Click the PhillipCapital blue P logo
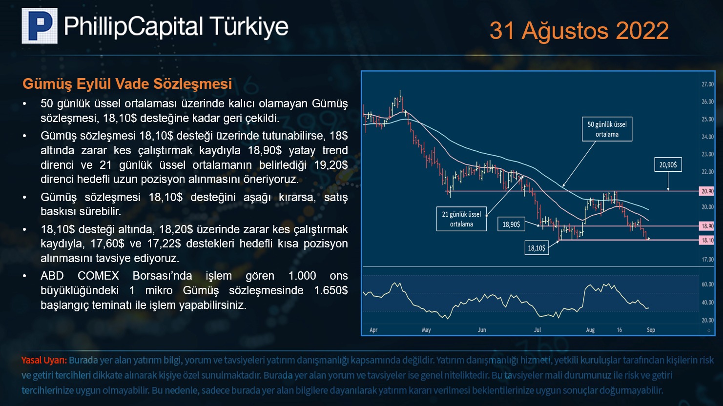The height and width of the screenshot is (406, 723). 40,26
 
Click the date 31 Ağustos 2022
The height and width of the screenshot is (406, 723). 579,31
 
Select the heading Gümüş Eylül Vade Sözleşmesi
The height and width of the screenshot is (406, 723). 127,83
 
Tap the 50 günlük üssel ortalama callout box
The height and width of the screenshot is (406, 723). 607,129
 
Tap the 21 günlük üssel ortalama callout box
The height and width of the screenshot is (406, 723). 461,219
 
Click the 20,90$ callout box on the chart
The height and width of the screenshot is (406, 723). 668,164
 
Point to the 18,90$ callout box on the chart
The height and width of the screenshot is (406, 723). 511,224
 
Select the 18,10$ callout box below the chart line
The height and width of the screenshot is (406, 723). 537,248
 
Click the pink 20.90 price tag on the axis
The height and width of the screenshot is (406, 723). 707,191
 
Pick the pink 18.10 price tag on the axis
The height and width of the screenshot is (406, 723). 707,240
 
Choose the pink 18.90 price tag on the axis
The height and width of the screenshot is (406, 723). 707,226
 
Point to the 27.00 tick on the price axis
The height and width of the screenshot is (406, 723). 707,84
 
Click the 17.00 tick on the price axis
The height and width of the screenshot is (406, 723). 707,259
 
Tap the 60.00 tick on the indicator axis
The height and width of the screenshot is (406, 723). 707,284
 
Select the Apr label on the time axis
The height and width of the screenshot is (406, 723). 373,330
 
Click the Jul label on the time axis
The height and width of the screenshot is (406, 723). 537,330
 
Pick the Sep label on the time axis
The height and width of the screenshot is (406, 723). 651,330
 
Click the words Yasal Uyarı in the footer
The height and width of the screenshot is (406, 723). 44,361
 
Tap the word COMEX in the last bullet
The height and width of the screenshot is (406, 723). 98,276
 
